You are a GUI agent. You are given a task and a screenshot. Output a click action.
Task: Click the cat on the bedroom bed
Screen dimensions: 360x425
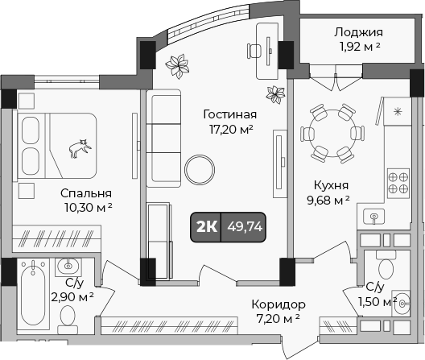79,148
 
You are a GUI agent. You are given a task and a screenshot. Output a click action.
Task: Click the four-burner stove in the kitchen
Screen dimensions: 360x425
398,182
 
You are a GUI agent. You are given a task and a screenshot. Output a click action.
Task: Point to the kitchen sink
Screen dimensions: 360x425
374,216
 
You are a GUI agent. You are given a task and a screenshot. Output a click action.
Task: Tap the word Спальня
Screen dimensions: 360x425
86,193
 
